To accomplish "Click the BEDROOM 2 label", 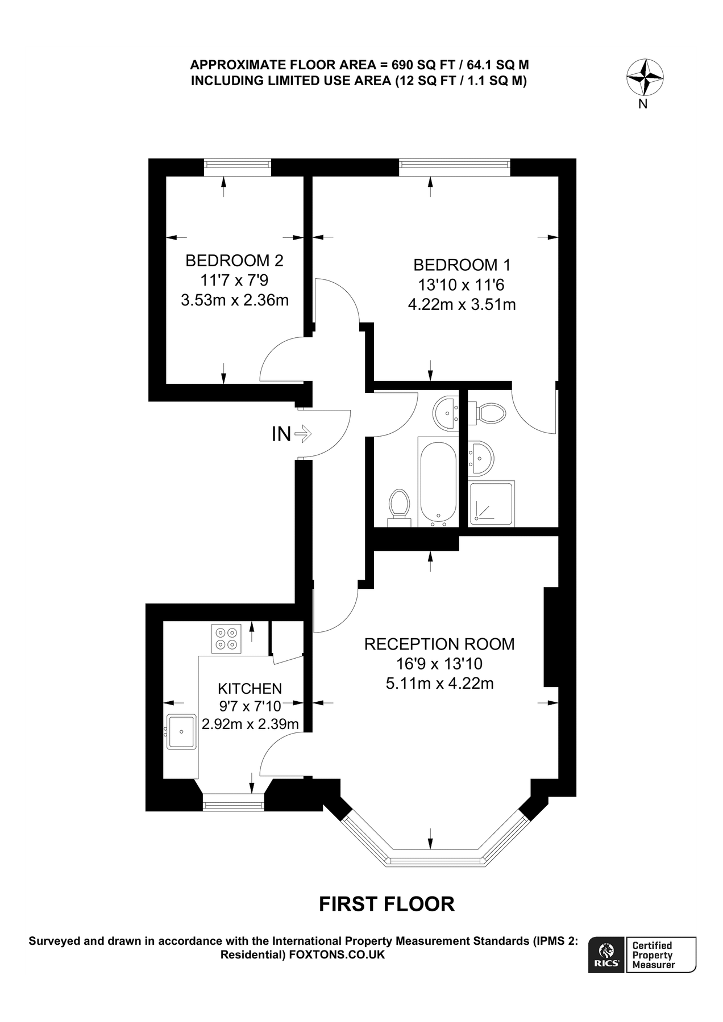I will [234, 261].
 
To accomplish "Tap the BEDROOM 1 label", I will [462, 265].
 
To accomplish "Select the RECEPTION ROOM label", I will [439, 644].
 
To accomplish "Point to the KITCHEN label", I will [250, 689].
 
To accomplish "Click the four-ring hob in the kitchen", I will [226, 639].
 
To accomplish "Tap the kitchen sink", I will [181, 732].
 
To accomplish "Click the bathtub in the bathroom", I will [437, 481].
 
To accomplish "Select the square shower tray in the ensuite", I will [492, 503].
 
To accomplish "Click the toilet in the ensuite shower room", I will [489, 412].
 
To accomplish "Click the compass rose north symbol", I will [645, 78].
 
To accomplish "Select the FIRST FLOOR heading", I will [387, 904].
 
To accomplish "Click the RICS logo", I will [606, 954].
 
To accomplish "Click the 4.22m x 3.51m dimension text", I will [462, 305].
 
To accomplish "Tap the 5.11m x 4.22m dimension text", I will [439, 683].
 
